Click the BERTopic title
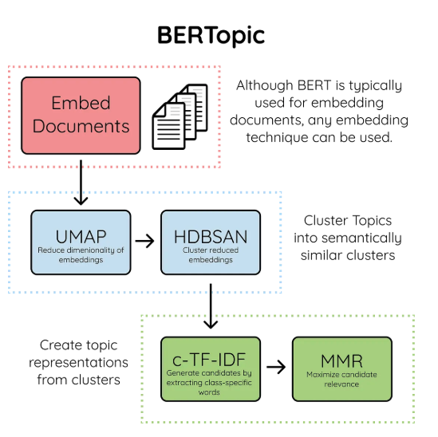(x=211, y=35)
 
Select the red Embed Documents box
(x=81, y=116)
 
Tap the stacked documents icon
(x=180, y=116)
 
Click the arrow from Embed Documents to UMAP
(x=81, y=183)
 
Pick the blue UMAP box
(x=81, y=242)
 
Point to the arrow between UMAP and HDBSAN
(x=144, y=241)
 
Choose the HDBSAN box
(x=211, y=242)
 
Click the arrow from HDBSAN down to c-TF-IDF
(x=211, y=306)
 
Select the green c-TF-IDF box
(x=211, y=369)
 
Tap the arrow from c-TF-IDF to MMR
(x=276, y=367)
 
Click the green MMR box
(x=342, y=369)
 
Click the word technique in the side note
(x=277, y=138)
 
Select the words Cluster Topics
(x=348, y=221)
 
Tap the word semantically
(x=361, y=238)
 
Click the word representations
(x=78, y=363)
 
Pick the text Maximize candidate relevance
(x=341, y=380)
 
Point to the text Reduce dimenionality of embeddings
(x=81, y=255)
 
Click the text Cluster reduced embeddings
(x=211, y=255)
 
